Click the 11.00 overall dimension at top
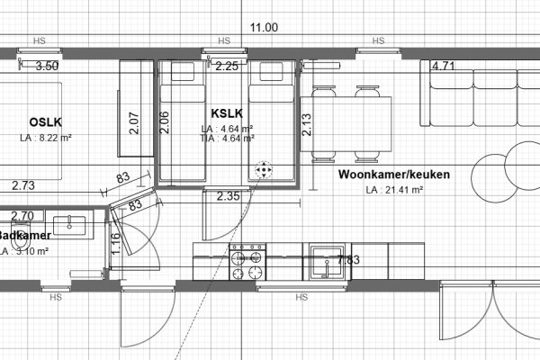coord(264,28)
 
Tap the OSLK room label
coord(44,121)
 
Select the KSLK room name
coord(227,114)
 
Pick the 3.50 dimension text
coord(46,66)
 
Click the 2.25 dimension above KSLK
coord(227,66)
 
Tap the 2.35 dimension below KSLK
coord(229,195)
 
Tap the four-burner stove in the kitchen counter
coord(247,261)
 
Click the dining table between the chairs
coord(354,122)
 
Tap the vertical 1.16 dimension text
coord(116,242)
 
